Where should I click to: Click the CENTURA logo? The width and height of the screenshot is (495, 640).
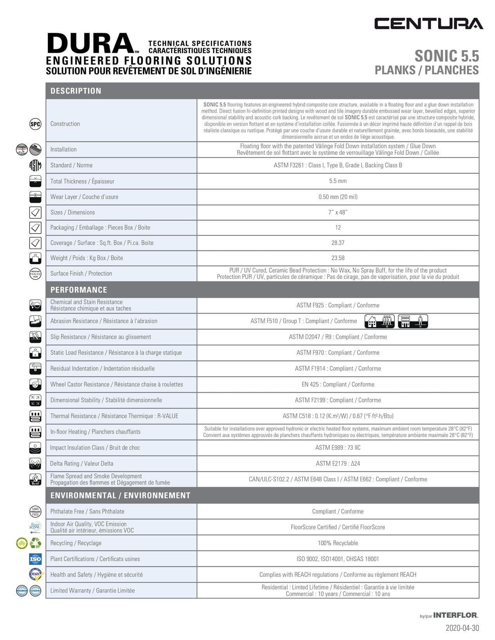click(x=429, y=24)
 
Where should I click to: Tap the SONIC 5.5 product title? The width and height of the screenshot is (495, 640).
click(x=446, y=56)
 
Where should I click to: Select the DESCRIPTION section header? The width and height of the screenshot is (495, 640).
click(x=76, y=91)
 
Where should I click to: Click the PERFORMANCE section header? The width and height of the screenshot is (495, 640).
click(x=78, y=290)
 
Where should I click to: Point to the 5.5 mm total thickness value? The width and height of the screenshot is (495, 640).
click(x=338, y=181)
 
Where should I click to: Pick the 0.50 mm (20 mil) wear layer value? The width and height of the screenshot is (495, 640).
click(x=338, y=197)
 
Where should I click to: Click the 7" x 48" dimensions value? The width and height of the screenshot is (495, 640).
click(x=338, y=212)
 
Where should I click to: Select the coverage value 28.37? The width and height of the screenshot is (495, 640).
click(x=338, y=243)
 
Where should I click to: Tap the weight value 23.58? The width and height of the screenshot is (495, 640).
click(x=338, y=258)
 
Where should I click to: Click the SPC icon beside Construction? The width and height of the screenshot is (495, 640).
click(x=35, y=124)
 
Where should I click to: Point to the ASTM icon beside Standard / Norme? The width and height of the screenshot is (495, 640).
click(x=35, y=166)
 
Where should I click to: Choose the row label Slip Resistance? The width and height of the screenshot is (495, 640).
click(x=101, y=337)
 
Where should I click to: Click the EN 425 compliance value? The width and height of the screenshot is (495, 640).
click(x=338, y=384)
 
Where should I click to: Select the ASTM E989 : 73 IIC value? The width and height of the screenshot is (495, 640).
click(x=338, y=448)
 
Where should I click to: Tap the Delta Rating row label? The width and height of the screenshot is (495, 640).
click(x=82, y=464)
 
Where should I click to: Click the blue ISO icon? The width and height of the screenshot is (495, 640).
click(x=35, y=559)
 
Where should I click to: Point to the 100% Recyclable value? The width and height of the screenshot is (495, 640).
click(x=338, y=543)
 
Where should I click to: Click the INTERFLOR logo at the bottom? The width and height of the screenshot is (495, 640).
click(x=455, y=615)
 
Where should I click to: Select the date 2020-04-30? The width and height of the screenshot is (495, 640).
click(x=462, y=628)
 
